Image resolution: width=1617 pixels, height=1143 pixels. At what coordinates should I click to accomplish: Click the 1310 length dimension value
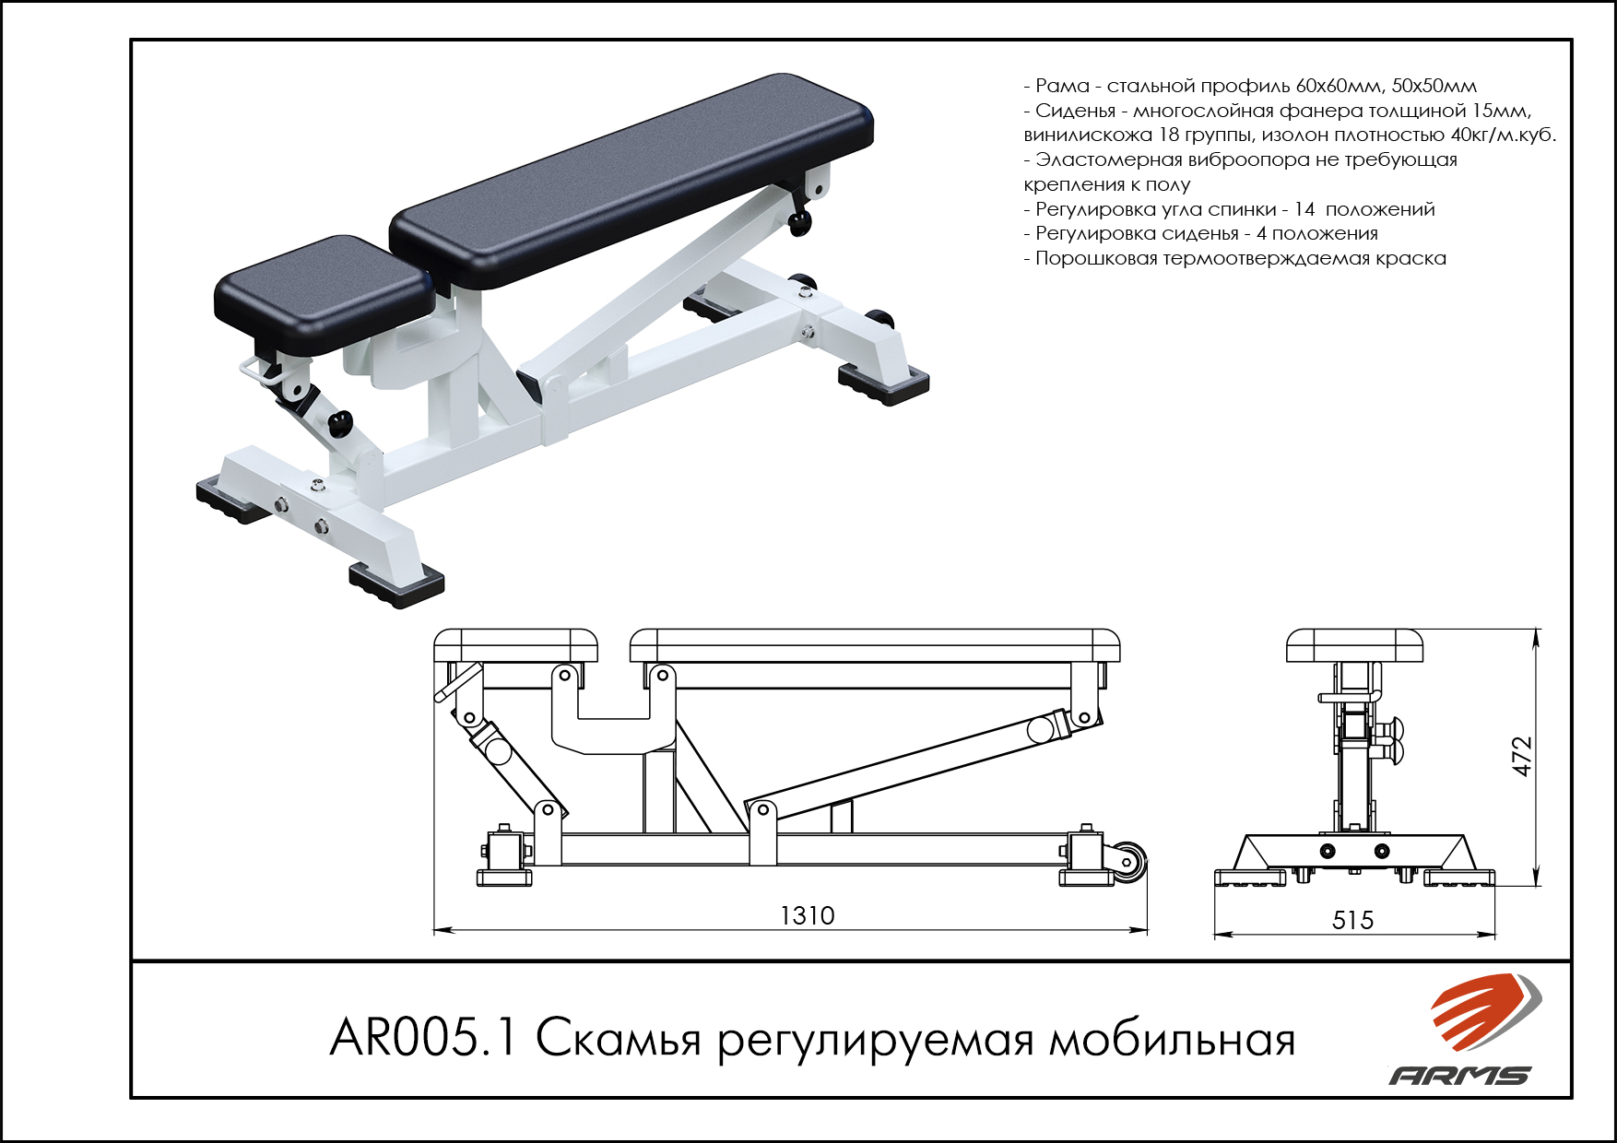(x=807, y=915)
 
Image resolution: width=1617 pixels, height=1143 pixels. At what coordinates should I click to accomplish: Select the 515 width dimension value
(x=1352, y=920)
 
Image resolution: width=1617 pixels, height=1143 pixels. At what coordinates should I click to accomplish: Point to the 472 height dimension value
(x=1522, y=756)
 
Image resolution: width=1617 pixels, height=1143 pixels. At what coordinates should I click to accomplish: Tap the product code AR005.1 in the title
(x=425, y=1038)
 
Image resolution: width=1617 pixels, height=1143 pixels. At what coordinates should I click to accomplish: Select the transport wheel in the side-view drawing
(x=1130, y=862)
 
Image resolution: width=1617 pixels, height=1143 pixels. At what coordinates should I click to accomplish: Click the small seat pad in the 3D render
(x=325, y=294)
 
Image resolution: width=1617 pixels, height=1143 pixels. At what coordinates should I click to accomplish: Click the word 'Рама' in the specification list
(x=1062, y=86)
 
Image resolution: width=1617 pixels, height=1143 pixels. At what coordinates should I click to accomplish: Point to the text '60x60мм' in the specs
(x=1339, y=86)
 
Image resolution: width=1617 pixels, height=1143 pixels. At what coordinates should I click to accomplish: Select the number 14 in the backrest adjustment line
(x=1304, y=209)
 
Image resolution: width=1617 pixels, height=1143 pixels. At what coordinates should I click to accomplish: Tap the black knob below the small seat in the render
(x=340, y=424)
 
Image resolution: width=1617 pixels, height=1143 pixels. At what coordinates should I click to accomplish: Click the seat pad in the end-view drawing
(x=1354, y=645)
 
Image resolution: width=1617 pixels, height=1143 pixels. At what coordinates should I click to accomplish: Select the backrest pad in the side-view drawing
(x=875, y=645)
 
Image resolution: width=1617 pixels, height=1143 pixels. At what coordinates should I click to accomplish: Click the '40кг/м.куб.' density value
(x=1504, y=136)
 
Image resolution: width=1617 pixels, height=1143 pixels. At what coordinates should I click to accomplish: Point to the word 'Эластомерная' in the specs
(x=1109, y=160)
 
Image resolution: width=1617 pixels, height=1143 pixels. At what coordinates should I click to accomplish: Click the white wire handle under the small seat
(x=263, y=372)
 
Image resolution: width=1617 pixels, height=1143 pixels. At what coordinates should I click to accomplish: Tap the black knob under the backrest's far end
(x=799, y=222)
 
